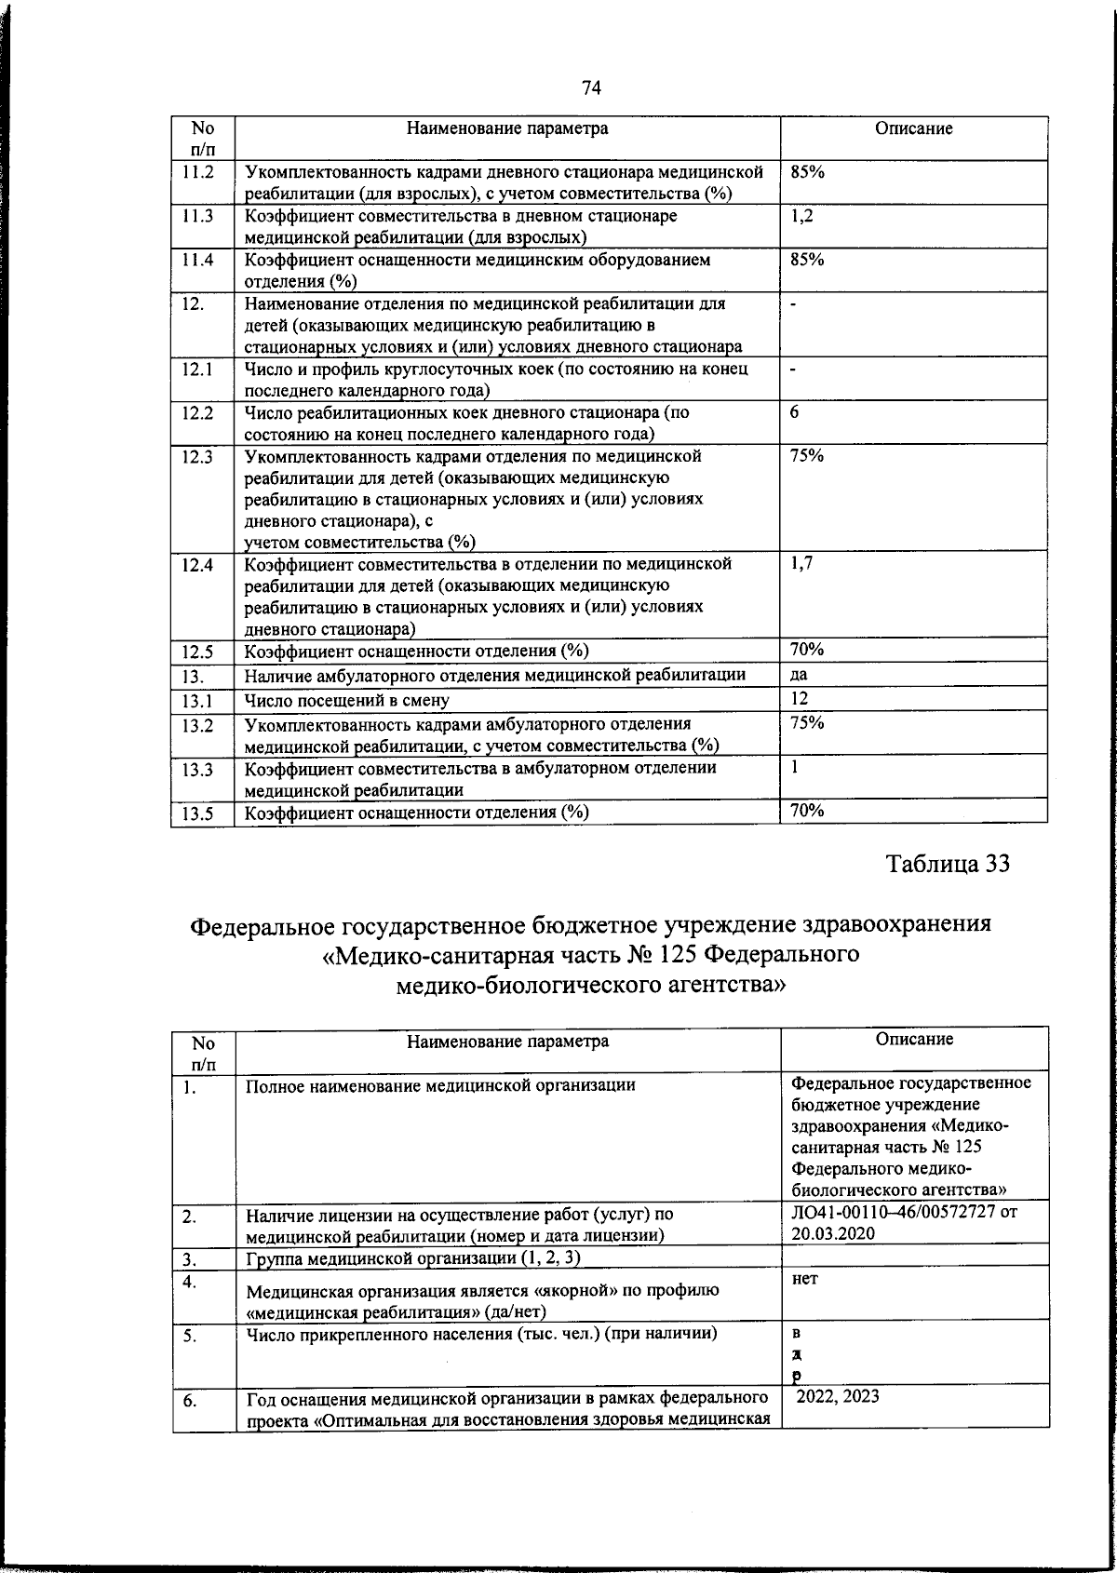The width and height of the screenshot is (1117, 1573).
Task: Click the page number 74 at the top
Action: coord(591,88)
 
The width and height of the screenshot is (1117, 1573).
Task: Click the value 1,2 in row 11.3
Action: coord(801,216)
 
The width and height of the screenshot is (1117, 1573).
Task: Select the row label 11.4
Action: coord(198,261)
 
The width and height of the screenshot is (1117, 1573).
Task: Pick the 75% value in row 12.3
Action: coord(806,456)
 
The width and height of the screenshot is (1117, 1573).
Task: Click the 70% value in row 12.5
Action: coord(806,650)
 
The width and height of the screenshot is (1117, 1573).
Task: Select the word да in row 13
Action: coord(799,675)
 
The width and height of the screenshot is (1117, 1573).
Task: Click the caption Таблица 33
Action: coord(948,864)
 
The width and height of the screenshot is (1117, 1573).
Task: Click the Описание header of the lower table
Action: coord(914,1040)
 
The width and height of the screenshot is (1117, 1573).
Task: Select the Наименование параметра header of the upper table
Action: coord(507,129)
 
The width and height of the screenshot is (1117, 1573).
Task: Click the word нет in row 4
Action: coord(804,1280)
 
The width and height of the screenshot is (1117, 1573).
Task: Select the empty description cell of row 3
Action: coord(914,1257)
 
